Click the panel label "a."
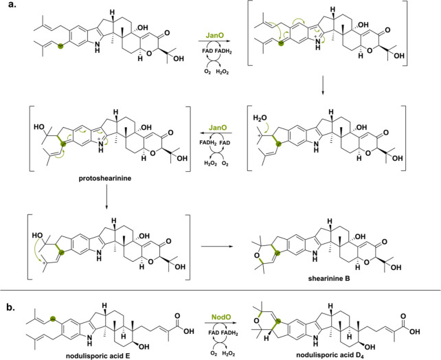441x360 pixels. (x=13, y=5)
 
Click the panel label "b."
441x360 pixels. (x=11, y=308)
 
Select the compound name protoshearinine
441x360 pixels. (x=106, y=179)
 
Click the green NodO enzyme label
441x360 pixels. (x=221, y=317)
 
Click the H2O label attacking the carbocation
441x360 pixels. (x=260, y=118)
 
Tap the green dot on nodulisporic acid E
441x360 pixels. (x=52, y=319)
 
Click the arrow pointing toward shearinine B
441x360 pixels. (x=217, y=247)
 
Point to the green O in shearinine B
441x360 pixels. (x=256, y=256)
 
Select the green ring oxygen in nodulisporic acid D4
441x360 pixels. (x=256, y=320)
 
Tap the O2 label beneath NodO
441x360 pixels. (x=214, y=352)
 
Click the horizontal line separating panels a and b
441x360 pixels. (x=220, y=290)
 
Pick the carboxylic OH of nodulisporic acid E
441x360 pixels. (x=189, y=331)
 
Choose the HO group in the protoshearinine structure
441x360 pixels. (x=39, y=127)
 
